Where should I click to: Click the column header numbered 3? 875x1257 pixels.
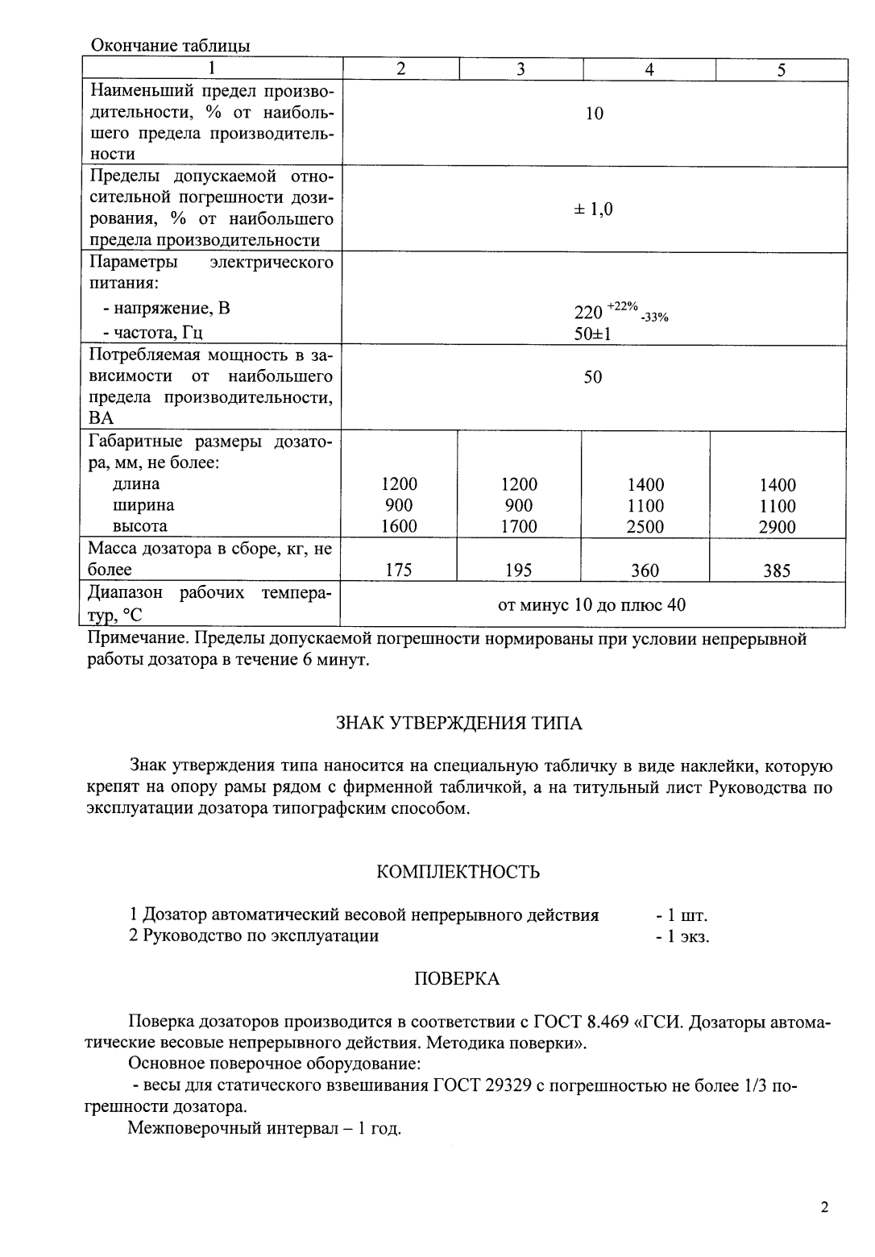point(520,69)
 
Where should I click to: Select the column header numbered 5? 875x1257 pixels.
point(781,70)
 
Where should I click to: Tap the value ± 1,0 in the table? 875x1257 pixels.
point(593,209)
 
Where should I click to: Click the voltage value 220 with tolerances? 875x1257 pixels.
point(620,312)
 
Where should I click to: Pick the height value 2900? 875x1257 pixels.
point(778,527)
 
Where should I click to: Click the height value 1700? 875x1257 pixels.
point(519,527)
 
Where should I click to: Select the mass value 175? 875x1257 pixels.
point(398,570)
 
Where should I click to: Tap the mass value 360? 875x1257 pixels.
point(645,570)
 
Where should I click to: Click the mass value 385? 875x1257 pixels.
point(777,571)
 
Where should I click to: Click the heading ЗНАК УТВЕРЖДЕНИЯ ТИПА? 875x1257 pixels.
point(458,723)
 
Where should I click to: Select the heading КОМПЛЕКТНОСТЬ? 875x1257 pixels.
point(458,872)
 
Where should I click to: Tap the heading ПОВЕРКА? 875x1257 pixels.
point(457,979)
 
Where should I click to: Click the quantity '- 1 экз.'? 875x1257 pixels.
point(682,936)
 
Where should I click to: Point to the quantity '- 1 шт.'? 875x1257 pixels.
point(682,915)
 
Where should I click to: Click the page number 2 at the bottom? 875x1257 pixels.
point(823,1208)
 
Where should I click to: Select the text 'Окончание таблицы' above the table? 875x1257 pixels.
point(170,46)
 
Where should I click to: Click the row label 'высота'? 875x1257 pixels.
point(140,526)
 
